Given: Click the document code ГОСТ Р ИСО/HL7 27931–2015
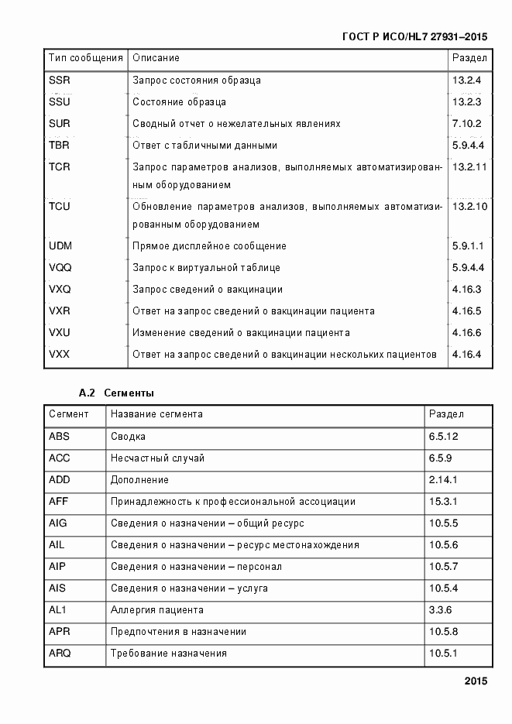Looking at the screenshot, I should (414, 36).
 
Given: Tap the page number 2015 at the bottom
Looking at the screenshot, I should (476, 682).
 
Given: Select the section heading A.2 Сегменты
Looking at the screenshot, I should (116, 393).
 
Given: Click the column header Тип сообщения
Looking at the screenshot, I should (86, 58).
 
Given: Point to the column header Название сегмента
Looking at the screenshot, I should (156, 414).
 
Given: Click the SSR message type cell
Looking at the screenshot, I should (60, 81).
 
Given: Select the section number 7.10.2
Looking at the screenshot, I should (467, 124).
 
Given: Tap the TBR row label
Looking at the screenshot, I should (60, 146).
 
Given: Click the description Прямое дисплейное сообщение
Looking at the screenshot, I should (209, 246).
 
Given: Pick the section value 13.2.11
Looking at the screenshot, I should (469, 167).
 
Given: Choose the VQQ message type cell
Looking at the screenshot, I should (60, 268).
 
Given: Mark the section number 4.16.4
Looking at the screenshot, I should (467, 355).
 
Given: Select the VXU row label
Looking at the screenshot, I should (60, 333).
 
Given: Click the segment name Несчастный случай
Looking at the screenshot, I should (157, 458).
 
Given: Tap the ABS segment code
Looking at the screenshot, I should (59, 437).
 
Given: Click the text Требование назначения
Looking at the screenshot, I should (168, 654).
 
